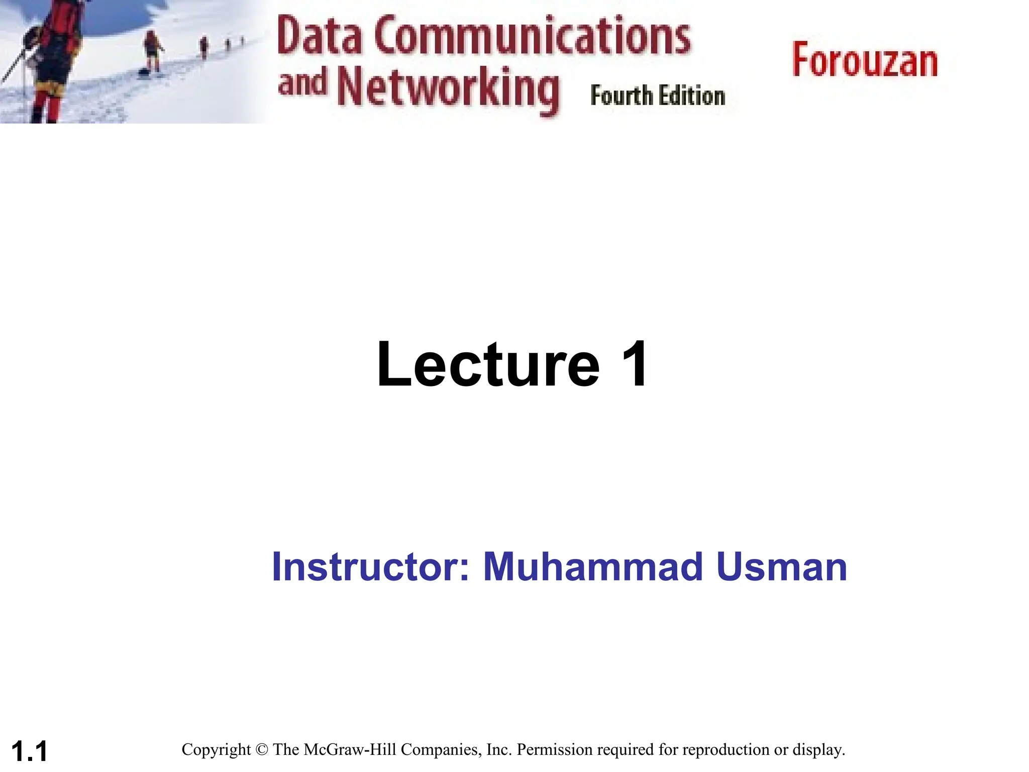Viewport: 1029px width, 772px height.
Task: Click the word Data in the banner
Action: tap(319, 36)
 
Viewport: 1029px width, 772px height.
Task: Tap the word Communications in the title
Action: tap(532, 36)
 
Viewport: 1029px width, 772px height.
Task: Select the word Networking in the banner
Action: tap(447, 89)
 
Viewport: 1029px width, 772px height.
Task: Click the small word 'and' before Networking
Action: tap(302, 82)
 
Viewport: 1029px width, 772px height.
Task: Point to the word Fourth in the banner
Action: tap(622, 96)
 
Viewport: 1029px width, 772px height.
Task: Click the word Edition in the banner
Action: tap(692, 96)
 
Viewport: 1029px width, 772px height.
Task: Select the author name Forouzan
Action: tap(865, 61)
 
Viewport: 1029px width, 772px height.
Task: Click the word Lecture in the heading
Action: tap(488, 364)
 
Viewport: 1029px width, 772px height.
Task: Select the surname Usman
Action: tap(782, 567)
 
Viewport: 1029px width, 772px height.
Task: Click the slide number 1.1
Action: tap(29, 751)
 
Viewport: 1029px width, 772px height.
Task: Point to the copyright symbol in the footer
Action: tap(261, 750)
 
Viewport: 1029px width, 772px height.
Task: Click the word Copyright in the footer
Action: tap(216, 750)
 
